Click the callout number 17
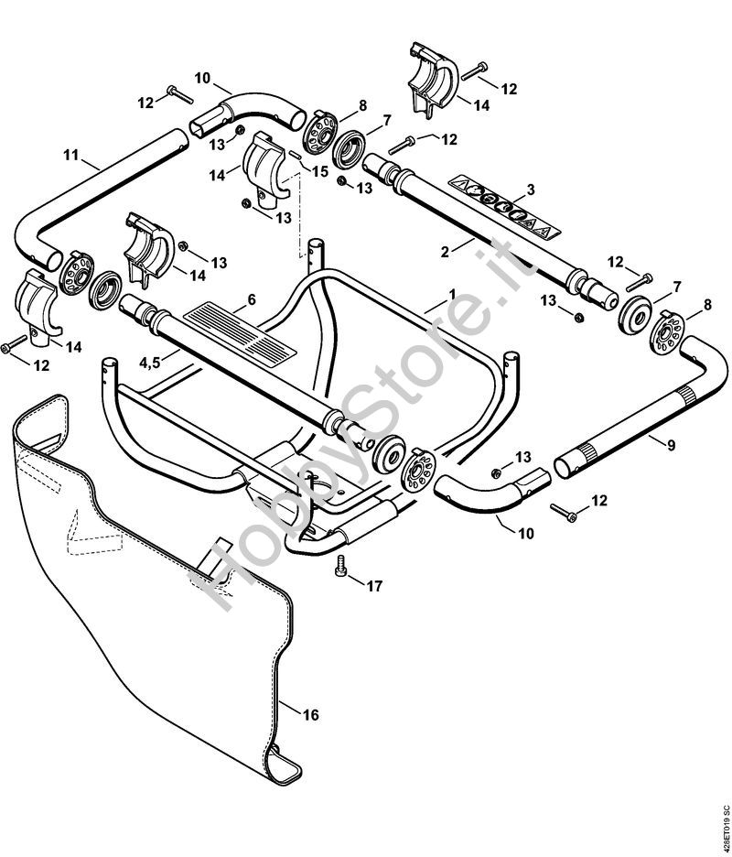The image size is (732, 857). coord(374,586)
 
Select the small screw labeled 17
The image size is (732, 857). coord(340,565)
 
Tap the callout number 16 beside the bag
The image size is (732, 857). coord(310,715)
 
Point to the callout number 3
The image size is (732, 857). coord(531,190)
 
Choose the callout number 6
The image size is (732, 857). coord(252,299)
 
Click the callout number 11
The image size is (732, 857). coord(71,156)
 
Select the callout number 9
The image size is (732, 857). coord(671,446)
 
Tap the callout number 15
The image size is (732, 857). coord(320,171)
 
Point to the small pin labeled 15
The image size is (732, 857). coord(294,155)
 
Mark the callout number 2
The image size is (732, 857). coord(445,252)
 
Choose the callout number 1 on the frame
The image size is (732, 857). coord(452,295)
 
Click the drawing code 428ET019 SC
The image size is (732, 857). coord(726,822)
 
